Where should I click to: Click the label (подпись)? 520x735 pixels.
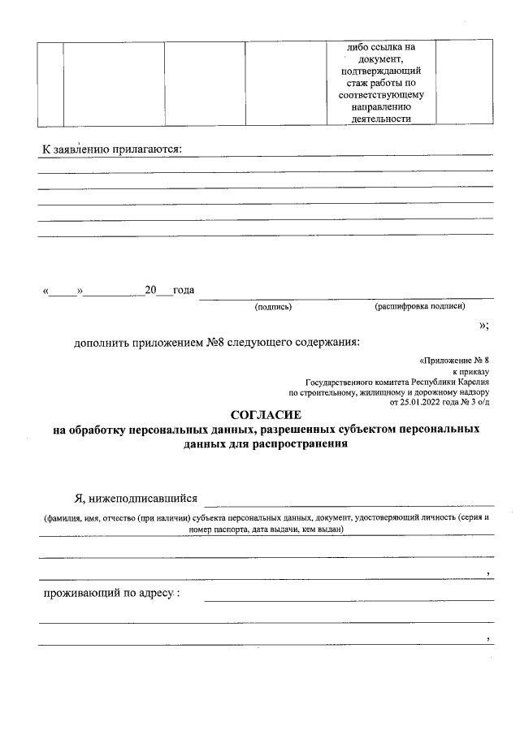[273, 307]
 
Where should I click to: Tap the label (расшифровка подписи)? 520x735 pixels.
[419, 307]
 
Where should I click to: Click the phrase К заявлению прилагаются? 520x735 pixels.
[112, 149]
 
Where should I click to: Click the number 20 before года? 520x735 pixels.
[150, 290]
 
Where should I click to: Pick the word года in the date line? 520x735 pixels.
[183, 290]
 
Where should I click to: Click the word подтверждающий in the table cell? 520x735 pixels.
[381, 71]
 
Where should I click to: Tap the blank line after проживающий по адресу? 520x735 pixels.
[349, 599]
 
